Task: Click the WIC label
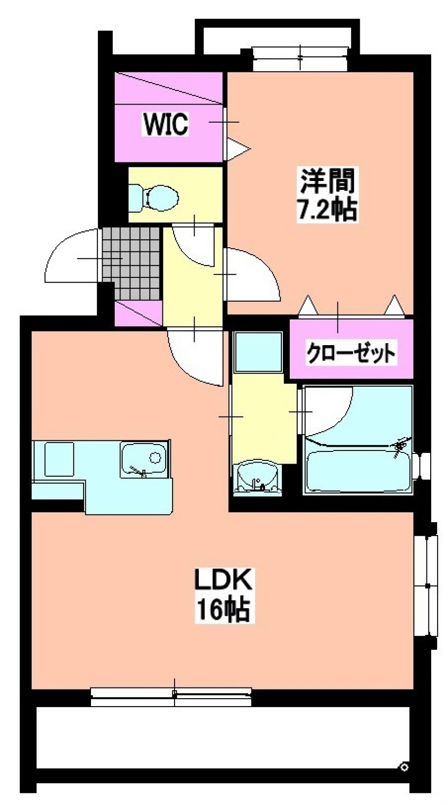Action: click(166, 124)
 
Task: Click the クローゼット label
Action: click(350, 354)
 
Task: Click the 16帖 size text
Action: click(223, 609)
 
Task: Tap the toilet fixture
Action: click(154, 196)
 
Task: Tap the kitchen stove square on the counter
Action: click(59, 459)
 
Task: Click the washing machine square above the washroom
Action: click(258, 351)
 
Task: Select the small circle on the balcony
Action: click(404, 767)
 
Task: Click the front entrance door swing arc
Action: click(70, 257)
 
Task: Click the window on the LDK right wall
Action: click(426, 585)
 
